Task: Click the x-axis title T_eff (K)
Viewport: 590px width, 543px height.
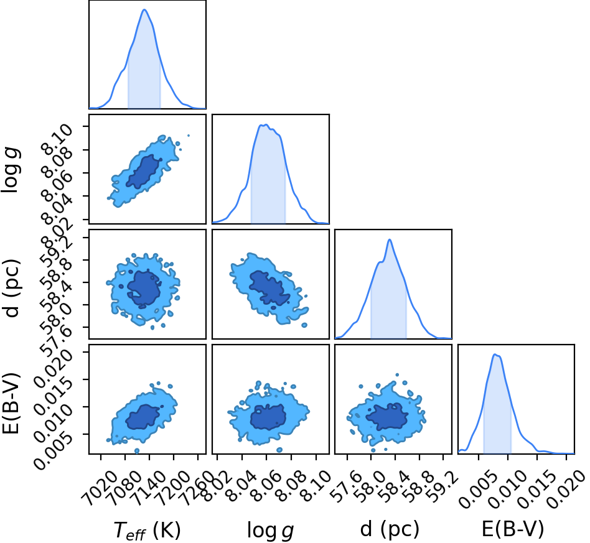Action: pyautogui.click(x=147, y=531)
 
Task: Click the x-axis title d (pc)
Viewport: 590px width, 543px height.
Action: pyautogui.click(x=390, y=529)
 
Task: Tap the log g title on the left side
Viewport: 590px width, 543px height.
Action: pyautogui.click(x=11, y=170)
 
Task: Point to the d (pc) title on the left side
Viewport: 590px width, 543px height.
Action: pyautogui.click(x=11, y=287)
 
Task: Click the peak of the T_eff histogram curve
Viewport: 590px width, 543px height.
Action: pyautogui.click(x=144, y=10)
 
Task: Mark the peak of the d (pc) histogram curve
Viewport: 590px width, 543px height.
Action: pyautogui.click(x=390, y=239)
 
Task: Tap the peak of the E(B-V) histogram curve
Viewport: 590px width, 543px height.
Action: pyautogui.click(x=495, y=355)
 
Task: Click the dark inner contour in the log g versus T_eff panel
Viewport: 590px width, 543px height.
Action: pyautogui.click(x=143, y=172)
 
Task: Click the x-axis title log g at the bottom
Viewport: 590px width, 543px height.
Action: pyautogui.click(x=270, y=531)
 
